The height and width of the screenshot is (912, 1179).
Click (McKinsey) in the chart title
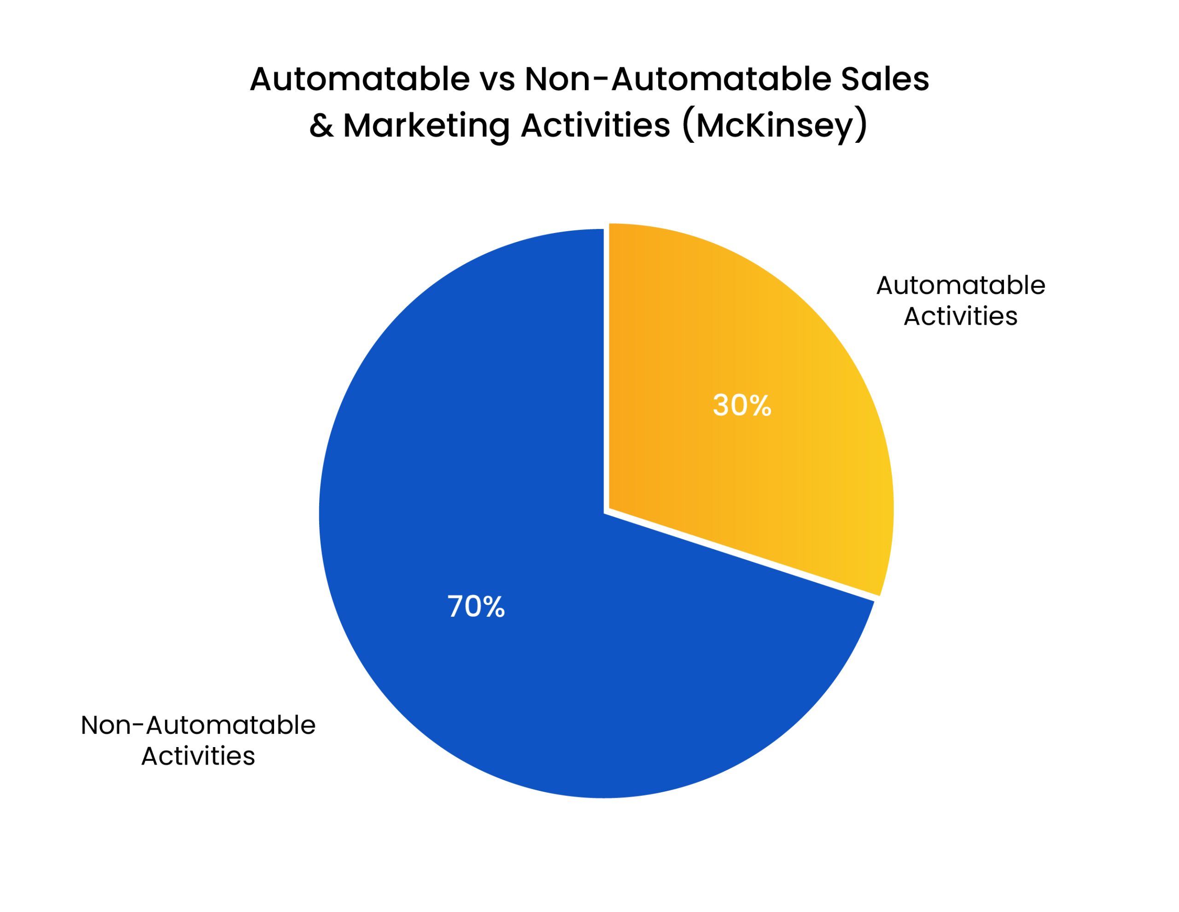click(775, 126)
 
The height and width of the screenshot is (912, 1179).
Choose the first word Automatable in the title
click(360, 79)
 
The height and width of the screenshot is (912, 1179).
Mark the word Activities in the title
click(595, 125)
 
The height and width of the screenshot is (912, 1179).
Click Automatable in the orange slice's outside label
click(960, 286)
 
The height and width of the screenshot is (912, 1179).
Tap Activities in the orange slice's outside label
click(960, 316)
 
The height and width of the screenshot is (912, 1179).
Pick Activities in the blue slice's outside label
click(198, 756)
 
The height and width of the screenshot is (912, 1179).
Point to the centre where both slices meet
click(606, 510)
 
